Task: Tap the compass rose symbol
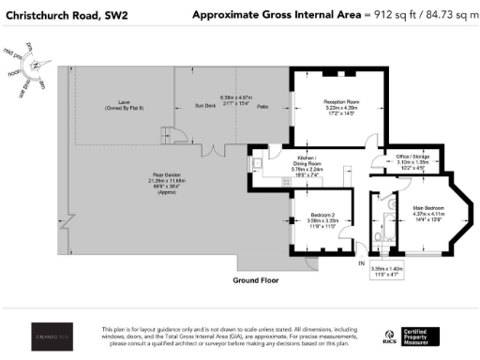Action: [x=35, y=65]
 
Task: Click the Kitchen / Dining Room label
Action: [x=310, y=159]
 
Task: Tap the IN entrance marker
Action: [x=360, y=264]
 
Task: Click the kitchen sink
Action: [x=256, y=163]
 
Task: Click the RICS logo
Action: [x=388, y=335]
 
